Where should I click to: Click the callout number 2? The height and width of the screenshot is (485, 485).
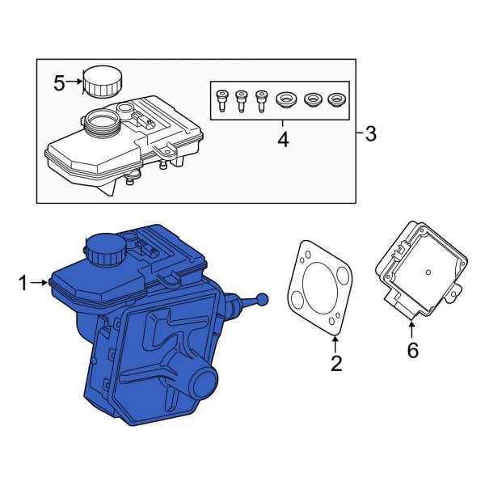click(335, 363)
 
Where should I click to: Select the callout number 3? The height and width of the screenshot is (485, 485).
click(371, 134)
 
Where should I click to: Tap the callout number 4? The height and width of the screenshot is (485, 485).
click(283, 140)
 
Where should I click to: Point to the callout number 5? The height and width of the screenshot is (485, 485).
click(58, 82)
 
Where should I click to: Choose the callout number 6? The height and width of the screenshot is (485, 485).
click(413, 350)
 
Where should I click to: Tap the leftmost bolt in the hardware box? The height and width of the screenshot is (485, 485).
click(222, 101)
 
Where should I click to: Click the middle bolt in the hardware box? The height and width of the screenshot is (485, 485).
click(241, 101)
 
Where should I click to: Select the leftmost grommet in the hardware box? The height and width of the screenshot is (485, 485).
click(284, 101)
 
